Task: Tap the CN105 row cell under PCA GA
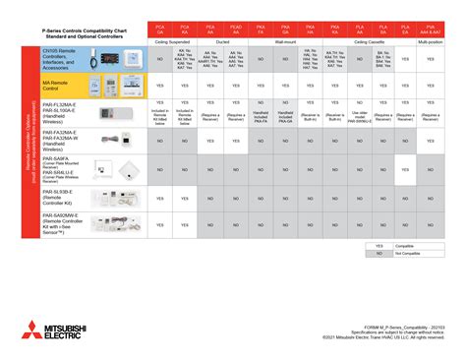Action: pyautogui.click(x=159, y=60)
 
